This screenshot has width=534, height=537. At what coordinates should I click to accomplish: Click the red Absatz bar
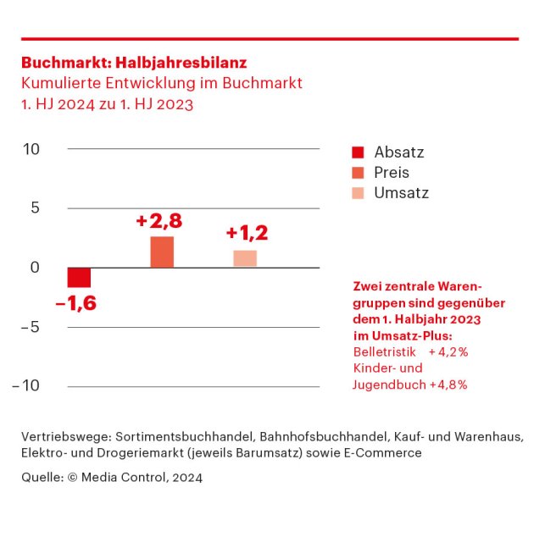tap(79, 278)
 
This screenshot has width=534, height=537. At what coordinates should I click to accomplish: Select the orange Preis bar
tap(162, 252)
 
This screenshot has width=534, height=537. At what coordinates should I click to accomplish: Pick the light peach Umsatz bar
tap(245, 258)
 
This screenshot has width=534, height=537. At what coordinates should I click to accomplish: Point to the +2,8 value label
tap(159, 221)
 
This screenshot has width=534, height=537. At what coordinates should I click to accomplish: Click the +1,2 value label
tap(248, 233)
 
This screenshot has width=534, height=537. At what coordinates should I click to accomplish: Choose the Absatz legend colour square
tap(358, 153)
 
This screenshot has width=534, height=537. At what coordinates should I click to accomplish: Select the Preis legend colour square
tap(358, 173)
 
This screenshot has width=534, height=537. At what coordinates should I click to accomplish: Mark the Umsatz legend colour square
tap(358, 193)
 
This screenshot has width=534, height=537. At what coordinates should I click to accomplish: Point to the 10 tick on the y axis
tap(32, 149)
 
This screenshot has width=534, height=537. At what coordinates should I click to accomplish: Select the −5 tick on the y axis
tap(29, 327)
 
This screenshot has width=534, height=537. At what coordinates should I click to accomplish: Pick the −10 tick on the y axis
tap(26, 386)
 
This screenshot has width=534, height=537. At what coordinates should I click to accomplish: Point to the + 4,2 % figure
tap(448, 352)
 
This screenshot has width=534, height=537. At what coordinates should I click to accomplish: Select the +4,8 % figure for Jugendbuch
tap(448, 385)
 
